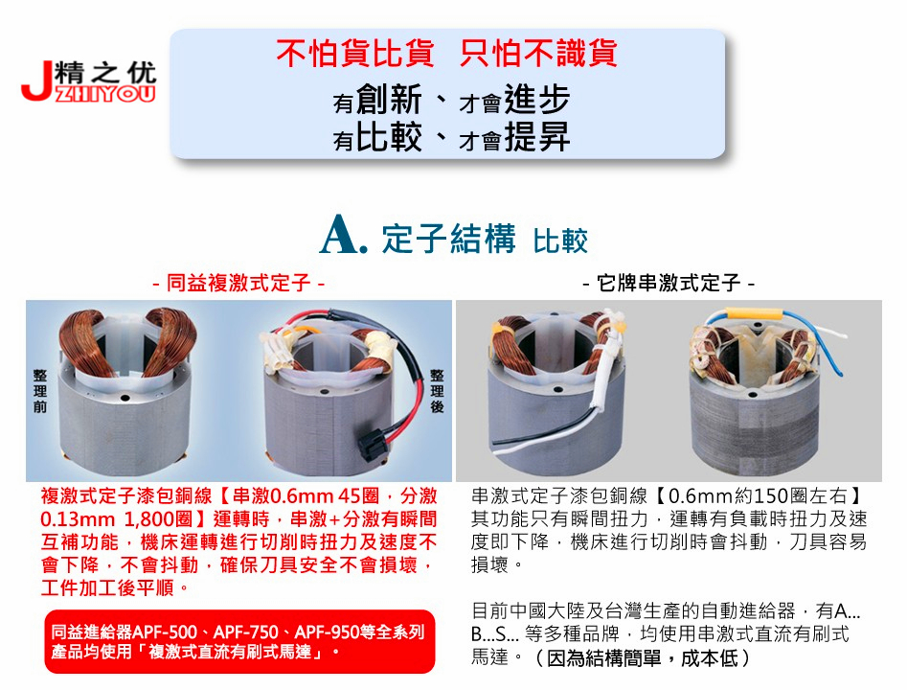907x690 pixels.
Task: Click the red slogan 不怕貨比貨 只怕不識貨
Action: click(446, 53)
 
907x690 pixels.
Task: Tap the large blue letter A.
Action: click(343, 235)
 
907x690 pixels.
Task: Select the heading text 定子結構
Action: click(448, 238)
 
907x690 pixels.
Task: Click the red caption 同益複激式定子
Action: click(238, 283)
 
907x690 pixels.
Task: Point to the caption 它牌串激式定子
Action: click(669, 283)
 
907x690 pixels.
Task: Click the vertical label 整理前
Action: click(40, 391)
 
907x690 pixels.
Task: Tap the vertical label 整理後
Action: click(438, 391)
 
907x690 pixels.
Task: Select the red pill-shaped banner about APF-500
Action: click(239, 641)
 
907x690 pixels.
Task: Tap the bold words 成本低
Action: click(710, 658)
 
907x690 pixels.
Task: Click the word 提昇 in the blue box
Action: click(537, 137)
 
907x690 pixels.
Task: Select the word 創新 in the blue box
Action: click(389, 99)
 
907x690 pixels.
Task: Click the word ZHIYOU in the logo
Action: click(106, 94)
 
